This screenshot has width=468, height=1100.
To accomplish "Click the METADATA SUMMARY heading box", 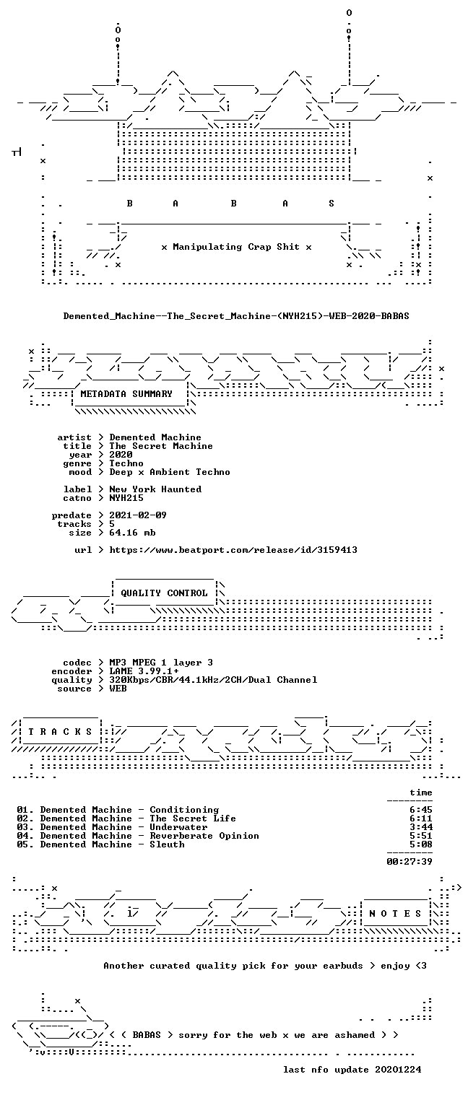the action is click(x=126, y=394).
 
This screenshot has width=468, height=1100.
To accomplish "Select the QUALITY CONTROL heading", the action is click(x=164, y=593).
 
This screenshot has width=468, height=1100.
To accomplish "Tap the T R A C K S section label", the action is click(x=61, y=732).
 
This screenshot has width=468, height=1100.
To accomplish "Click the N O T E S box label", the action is click(x=395, y=914).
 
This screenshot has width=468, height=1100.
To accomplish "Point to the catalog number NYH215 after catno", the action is click(x=126, y=498).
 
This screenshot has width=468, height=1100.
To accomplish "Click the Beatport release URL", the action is click(x=233, y=550).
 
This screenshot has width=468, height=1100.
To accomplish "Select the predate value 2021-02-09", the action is click(x=138, y=515).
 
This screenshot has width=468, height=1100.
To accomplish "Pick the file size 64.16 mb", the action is click(x=132, y=533).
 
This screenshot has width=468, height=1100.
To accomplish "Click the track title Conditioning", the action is click(x=184, y=810).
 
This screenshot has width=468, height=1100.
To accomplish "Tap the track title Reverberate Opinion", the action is click(x=204, y=836).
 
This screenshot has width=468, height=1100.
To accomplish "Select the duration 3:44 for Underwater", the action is click(x=421, y=827).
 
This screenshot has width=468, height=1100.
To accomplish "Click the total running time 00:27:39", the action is click(x=409, y=861).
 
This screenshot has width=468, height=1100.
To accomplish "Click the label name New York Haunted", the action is click(x=155, y=489).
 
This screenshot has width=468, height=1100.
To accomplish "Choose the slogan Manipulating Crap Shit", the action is click(x=236, y=247).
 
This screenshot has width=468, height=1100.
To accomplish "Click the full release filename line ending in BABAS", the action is click(x=236, y=316).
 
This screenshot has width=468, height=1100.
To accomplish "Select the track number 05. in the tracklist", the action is click(x=25, y=844).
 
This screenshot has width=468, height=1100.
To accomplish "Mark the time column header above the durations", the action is click(x=421, y=793).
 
